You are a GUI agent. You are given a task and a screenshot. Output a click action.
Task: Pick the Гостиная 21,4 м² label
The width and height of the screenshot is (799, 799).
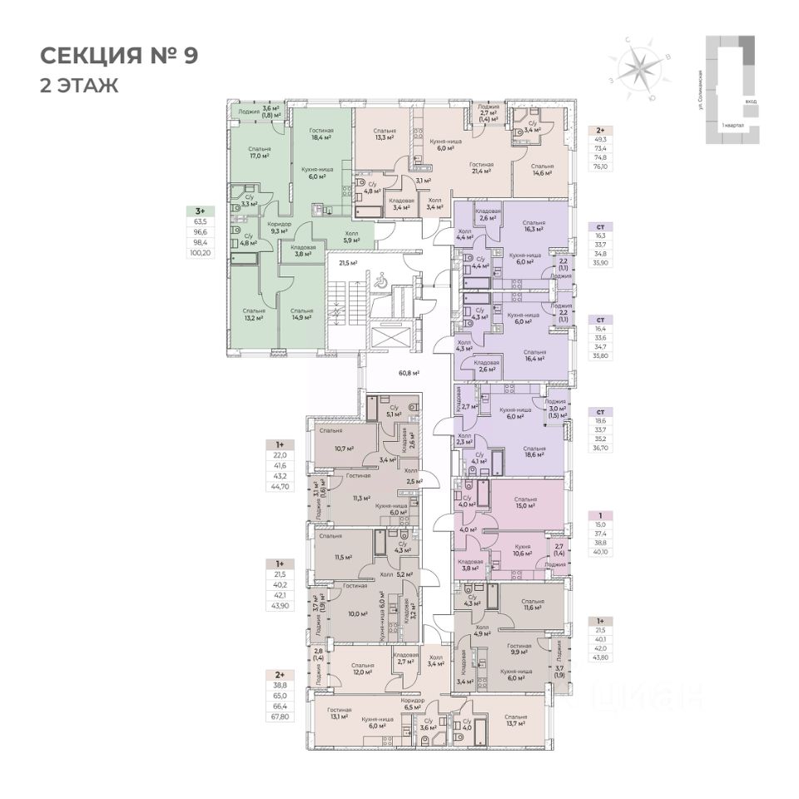[x=481, y=169]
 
